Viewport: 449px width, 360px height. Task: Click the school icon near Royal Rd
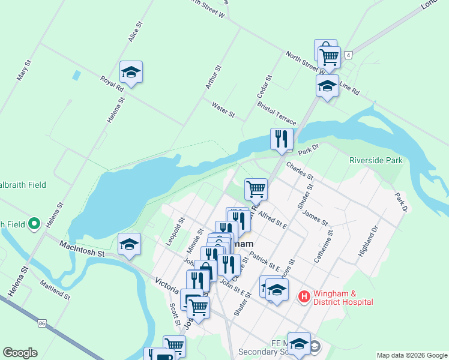click(131, 73)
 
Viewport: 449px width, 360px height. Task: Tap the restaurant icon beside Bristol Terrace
click(282, 140)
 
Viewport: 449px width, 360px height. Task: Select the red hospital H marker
click(304, 296)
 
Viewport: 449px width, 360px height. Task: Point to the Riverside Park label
click(376, 160)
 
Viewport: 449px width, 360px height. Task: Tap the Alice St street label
click(134, 32)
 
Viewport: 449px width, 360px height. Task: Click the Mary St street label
click(25, 71)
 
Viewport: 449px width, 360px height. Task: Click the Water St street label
click(223, 109)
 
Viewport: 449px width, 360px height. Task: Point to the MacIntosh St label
click(82, 249)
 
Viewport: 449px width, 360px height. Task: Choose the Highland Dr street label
click(369, 241)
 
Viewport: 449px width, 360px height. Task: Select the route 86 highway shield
click(41, 323)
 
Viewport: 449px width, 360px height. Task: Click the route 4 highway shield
click(349, 55)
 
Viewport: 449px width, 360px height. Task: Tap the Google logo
click(20, 353)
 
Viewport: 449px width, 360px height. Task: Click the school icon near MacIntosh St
click(129, 245)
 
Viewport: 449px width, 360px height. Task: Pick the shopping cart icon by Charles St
click(256, 190)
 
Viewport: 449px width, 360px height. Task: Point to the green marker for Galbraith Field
click(34, 224)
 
